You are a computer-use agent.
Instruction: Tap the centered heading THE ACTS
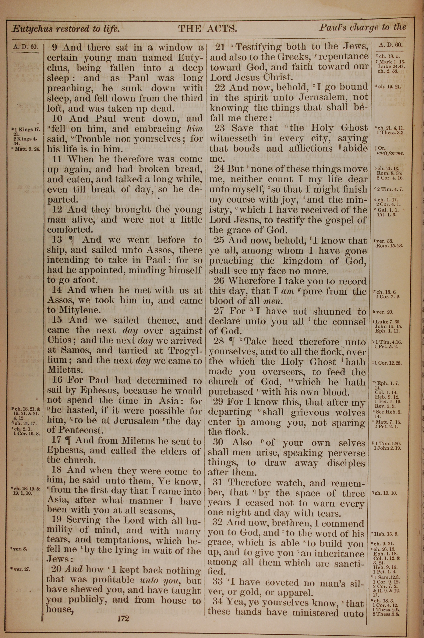point(208,28)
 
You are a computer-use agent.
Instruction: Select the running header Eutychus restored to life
point(66,29)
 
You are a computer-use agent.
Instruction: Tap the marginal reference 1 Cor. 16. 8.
point(26,433)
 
